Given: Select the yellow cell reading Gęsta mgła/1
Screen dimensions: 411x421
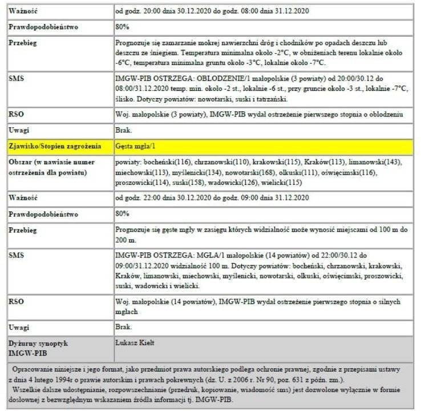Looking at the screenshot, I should tap(136, 146).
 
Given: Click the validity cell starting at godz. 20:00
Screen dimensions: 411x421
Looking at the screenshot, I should tap(211, 11).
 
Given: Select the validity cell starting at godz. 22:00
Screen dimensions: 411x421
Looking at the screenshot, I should tap(211, 198).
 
